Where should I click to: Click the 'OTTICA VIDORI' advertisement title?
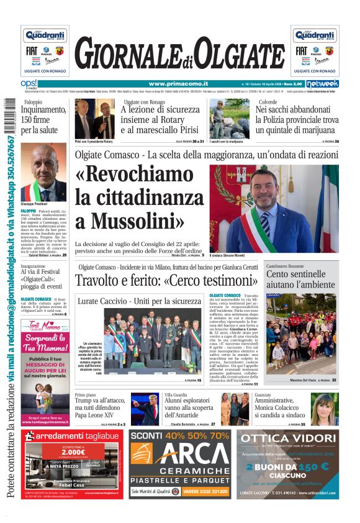pyautogui.click(x=288, y=439)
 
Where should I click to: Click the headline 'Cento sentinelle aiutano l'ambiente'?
pyautogui.click(x=300, y=278)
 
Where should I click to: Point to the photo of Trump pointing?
pyautogui.click(x=145, y=409)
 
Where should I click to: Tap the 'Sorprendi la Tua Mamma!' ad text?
pyautogui.click(x=45, y=343)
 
